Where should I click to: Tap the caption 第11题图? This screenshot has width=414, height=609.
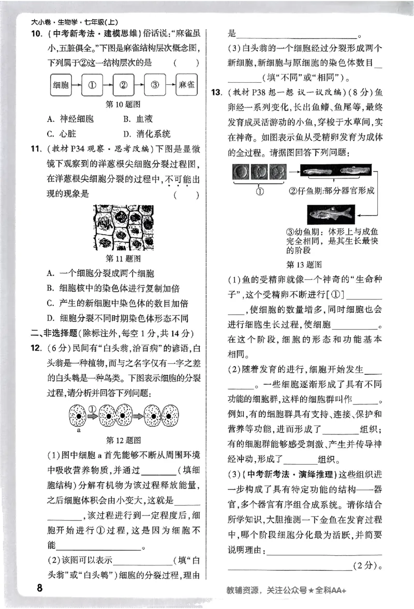(x=123, y=258)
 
